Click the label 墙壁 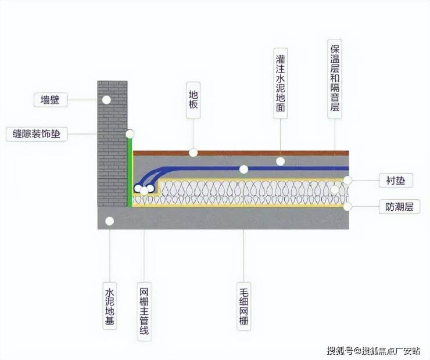coord(51,100)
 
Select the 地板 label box coord(193,100)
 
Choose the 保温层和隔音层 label coord(334,79)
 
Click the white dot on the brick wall coord(106,100)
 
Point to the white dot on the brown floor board coord(193,153)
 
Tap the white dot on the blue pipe coord(243,170)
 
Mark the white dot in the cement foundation coord(109,221)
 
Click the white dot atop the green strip coord(130,134)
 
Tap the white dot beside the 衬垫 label coord(347,180)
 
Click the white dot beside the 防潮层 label coord(347,206)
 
